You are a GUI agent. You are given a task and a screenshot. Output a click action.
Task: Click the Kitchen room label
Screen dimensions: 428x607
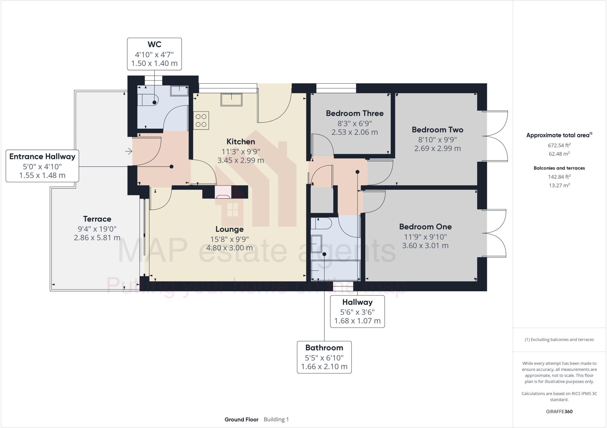click(241, 141)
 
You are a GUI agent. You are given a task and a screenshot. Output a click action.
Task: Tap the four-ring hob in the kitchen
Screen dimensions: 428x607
click(201, 120)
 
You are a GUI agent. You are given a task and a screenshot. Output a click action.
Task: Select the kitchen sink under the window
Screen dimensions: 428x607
click(231, 99)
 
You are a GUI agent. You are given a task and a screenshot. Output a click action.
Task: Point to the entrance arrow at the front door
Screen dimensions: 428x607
click(129, 152)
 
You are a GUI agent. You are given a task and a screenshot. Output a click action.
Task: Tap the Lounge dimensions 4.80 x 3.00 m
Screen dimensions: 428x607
click(229, 248)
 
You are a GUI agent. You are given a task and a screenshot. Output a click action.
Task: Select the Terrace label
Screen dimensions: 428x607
click(97, 219)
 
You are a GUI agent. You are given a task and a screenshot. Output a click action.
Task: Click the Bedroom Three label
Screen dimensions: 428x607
click(354, 113)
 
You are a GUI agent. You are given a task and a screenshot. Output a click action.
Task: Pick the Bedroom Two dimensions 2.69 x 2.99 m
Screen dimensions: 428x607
click(437, 148)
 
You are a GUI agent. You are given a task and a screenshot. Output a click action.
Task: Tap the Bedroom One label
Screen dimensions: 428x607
click(425, 227)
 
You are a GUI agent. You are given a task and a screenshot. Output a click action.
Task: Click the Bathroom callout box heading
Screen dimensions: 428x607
click(324, 347)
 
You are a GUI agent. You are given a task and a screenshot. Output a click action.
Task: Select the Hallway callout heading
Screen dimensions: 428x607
click(357, 302)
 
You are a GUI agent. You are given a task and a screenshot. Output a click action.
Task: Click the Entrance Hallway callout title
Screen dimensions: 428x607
click(42, 157)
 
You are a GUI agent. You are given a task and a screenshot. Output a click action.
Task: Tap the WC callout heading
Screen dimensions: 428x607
click(154, 44)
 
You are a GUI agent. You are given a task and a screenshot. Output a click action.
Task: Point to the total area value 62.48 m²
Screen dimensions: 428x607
click(559, 154)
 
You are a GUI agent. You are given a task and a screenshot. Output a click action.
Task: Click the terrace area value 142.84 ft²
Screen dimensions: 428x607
click(559, 177)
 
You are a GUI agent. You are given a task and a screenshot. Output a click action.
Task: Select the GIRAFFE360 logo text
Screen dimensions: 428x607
click(559, 411)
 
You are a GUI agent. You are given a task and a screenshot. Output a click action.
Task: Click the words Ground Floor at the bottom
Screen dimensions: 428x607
click(241, 419)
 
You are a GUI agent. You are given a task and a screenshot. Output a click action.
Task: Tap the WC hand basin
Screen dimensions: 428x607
click(179, 91)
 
